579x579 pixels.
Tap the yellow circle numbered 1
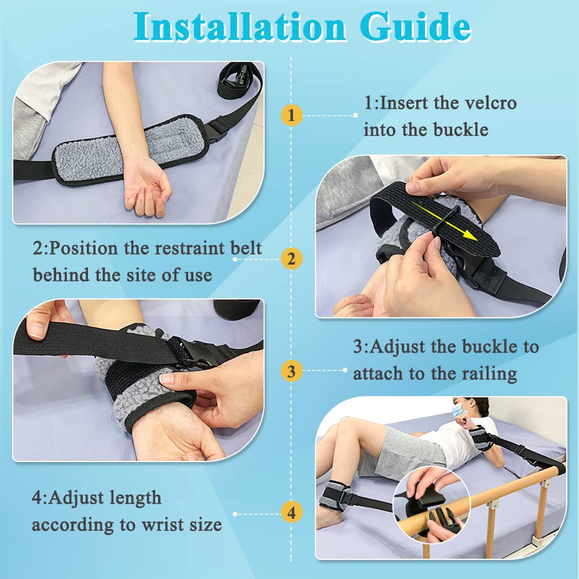point(291,115)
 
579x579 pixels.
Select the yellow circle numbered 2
point(291,259)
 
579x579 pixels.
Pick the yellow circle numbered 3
point(291,370)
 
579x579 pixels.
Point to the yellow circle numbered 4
point(291,512)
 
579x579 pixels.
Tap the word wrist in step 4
point(153,525)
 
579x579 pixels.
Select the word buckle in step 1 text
point(460,130)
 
